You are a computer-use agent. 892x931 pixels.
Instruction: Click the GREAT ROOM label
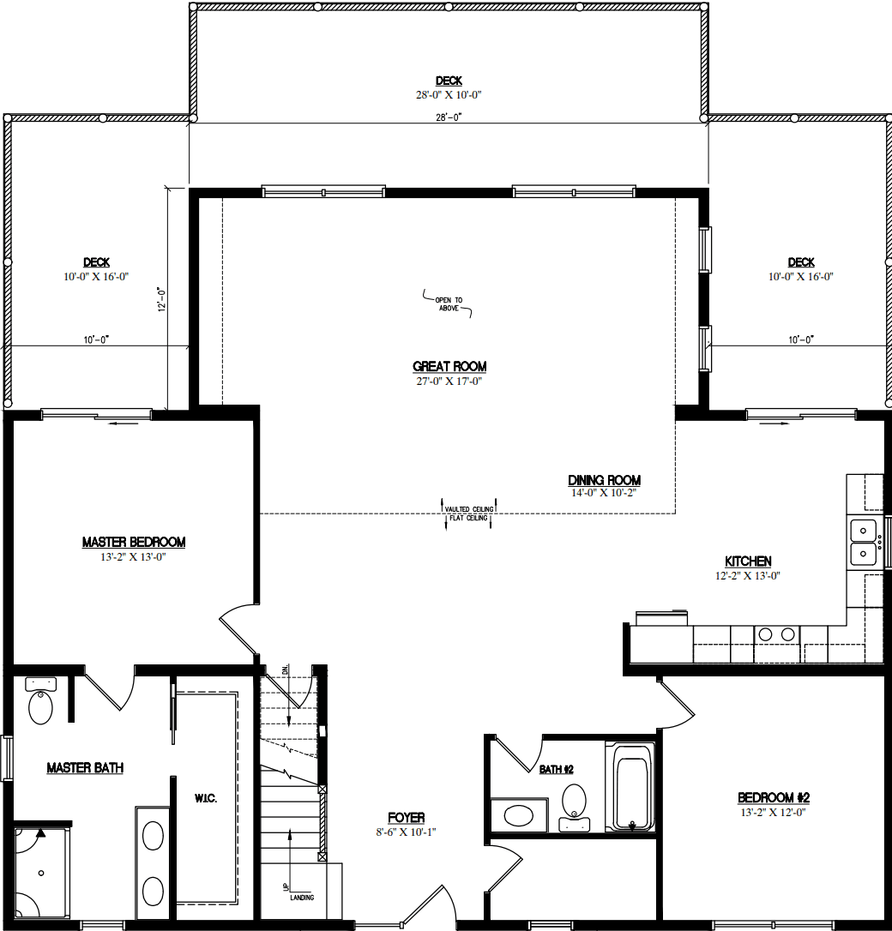(449, 367)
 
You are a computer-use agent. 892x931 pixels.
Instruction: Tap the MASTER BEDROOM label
(134, 542)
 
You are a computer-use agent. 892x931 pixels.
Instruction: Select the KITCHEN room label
(749, 562)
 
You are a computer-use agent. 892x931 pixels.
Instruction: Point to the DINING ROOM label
(604, 480)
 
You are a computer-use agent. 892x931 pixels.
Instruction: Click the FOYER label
(406, 818)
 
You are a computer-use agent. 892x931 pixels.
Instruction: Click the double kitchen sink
(863, 542)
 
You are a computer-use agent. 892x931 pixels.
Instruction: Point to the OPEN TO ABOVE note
(448, 303)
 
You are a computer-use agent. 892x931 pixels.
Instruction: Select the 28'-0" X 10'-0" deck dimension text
(448, 95)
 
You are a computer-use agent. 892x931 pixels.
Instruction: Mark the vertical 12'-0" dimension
(160, 300)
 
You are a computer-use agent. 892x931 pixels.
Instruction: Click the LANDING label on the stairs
(301, 898)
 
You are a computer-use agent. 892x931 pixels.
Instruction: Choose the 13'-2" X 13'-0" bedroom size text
(134, 557)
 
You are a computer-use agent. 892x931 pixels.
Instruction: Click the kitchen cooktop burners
(777, 634)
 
